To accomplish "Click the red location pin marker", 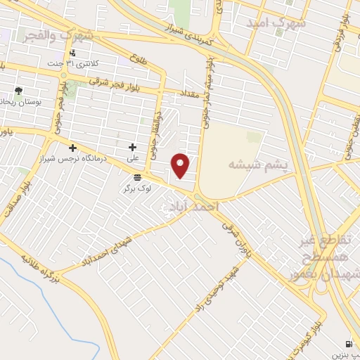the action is tap(181, 165).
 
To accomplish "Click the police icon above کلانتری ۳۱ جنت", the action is tap(72, 53).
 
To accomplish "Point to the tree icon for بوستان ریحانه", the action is tap(18, 91).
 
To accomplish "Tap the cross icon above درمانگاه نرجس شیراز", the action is tap(72, 147).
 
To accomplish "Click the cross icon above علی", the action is tap(132, 147).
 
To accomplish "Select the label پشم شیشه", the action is tap(259, 164).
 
